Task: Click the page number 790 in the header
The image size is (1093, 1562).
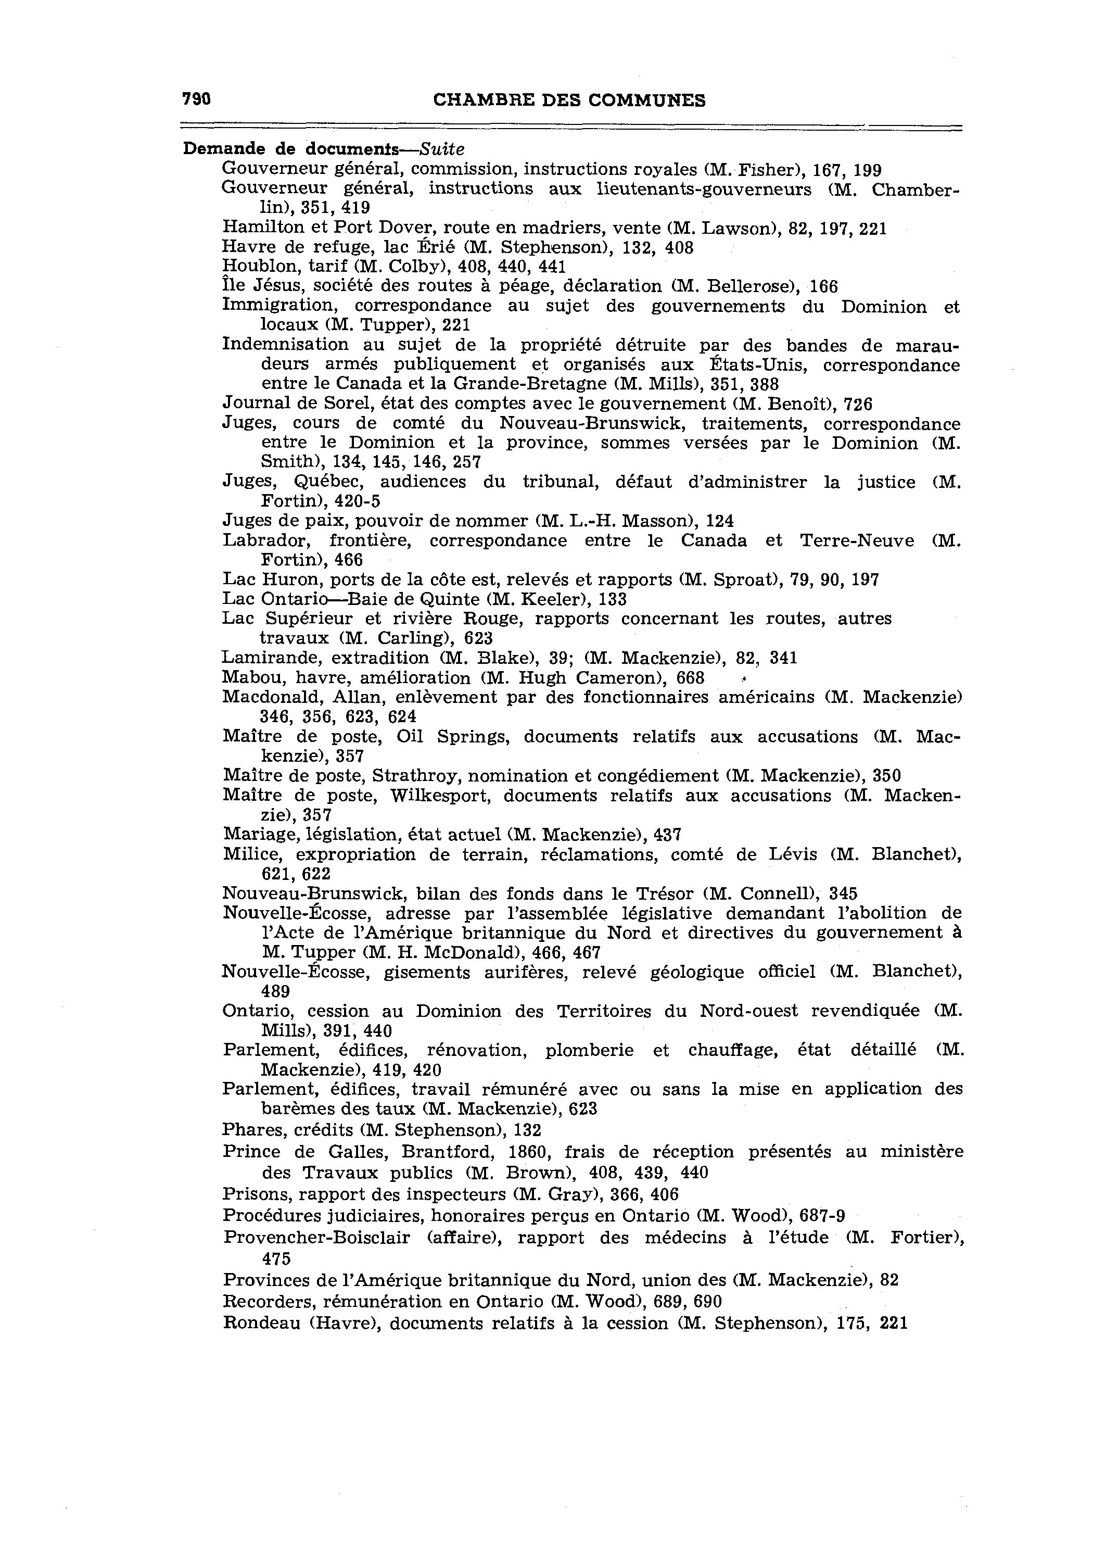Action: (197, 99)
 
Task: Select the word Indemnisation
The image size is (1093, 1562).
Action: (286, 345)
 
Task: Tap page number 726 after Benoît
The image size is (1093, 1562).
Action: (858, 405)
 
